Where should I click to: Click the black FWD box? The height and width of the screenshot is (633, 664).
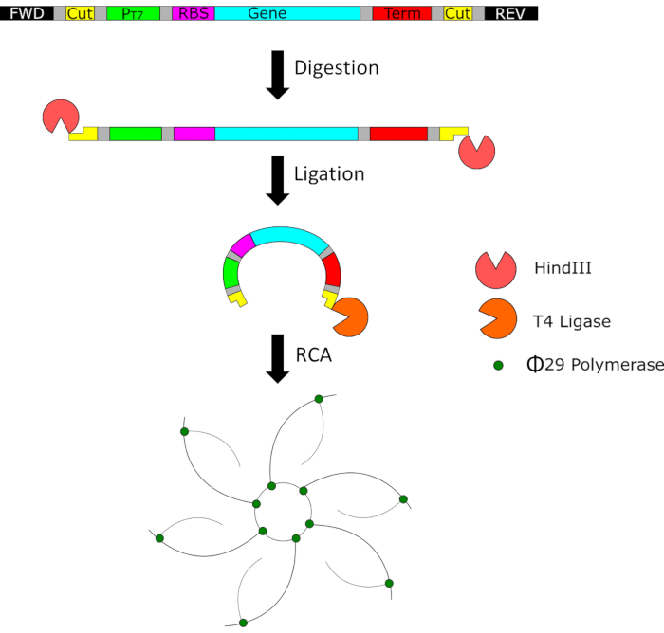tap(27, 13)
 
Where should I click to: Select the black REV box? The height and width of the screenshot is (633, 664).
tap(510, 13)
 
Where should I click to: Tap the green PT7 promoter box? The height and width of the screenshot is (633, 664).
tap(134, 13)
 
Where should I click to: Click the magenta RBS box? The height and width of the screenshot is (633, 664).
tap(194, 13)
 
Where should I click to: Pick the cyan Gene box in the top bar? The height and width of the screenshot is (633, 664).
tap(287, 13)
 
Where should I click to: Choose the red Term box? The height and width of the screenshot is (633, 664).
tap(402, 13)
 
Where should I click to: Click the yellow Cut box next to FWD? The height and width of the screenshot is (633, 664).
tap(80, 13)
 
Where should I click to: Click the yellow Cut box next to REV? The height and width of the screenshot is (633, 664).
tap(457, 13)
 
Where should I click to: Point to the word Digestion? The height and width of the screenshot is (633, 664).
tap(337, 68)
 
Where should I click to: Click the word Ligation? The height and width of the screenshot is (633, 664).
tap(329, 174)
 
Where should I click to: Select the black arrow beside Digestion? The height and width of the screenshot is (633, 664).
tap(278, 75)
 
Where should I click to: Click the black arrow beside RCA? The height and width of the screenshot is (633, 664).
tap(278, 358)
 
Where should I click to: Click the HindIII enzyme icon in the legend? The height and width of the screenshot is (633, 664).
tap(496, 270)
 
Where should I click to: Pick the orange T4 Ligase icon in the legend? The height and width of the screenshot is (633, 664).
tap(496, 319)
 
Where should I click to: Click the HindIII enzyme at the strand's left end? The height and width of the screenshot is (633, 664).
tap(61, 117)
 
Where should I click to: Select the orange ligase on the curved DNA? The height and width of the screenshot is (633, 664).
tap(350, 316)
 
